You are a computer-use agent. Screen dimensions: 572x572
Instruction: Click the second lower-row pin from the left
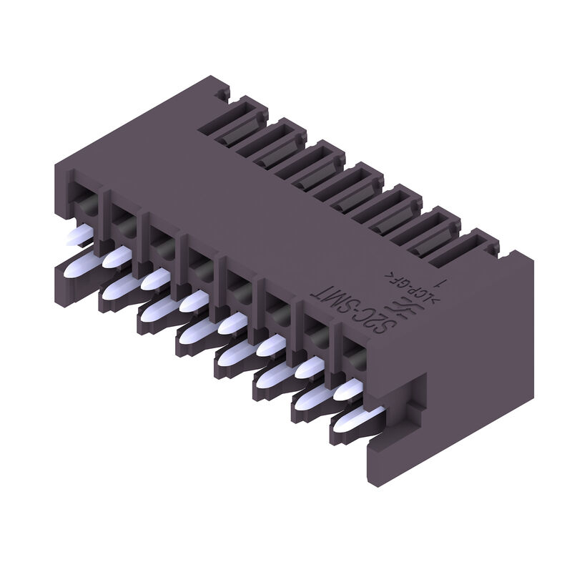(x=114, y=289)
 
